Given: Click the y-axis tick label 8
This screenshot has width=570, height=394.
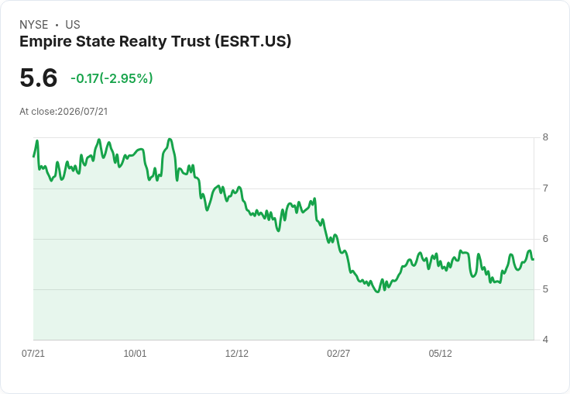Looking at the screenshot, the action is pos(545,137).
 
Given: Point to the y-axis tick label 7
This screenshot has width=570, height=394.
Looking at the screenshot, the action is pos(545,188).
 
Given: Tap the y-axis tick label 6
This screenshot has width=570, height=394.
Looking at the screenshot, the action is pos(545,239).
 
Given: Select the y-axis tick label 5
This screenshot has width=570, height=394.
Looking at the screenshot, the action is pos(545,289).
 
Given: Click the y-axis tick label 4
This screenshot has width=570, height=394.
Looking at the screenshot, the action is pos(545,340).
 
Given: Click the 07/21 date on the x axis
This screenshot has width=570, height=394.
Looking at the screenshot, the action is pos(33,353).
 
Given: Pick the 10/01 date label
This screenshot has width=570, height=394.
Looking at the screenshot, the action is pos(135,353).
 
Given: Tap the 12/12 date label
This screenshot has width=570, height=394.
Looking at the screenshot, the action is pos(237,353).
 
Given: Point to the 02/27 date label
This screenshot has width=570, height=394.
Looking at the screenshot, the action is pos(338,353).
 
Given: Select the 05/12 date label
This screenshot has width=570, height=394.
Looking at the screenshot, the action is pos(440,353).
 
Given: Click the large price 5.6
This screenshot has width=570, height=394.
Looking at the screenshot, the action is pos(39,78).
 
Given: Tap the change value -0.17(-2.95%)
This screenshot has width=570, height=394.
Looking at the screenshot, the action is pos(112,78).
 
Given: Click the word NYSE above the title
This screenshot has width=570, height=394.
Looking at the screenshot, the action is pos(34,25).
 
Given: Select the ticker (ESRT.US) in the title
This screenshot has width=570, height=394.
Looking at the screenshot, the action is pos(253,41).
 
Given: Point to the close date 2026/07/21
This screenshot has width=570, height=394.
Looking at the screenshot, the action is pos(83,112).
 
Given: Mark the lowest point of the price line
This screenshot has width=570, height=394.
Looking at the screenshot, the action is pos(378,292).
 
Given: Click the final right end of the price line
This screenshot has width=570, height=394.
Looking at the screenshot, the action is pos(534,259).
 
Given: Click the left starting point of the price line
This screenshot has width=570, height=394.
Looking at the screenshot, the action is pos(33,157).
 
